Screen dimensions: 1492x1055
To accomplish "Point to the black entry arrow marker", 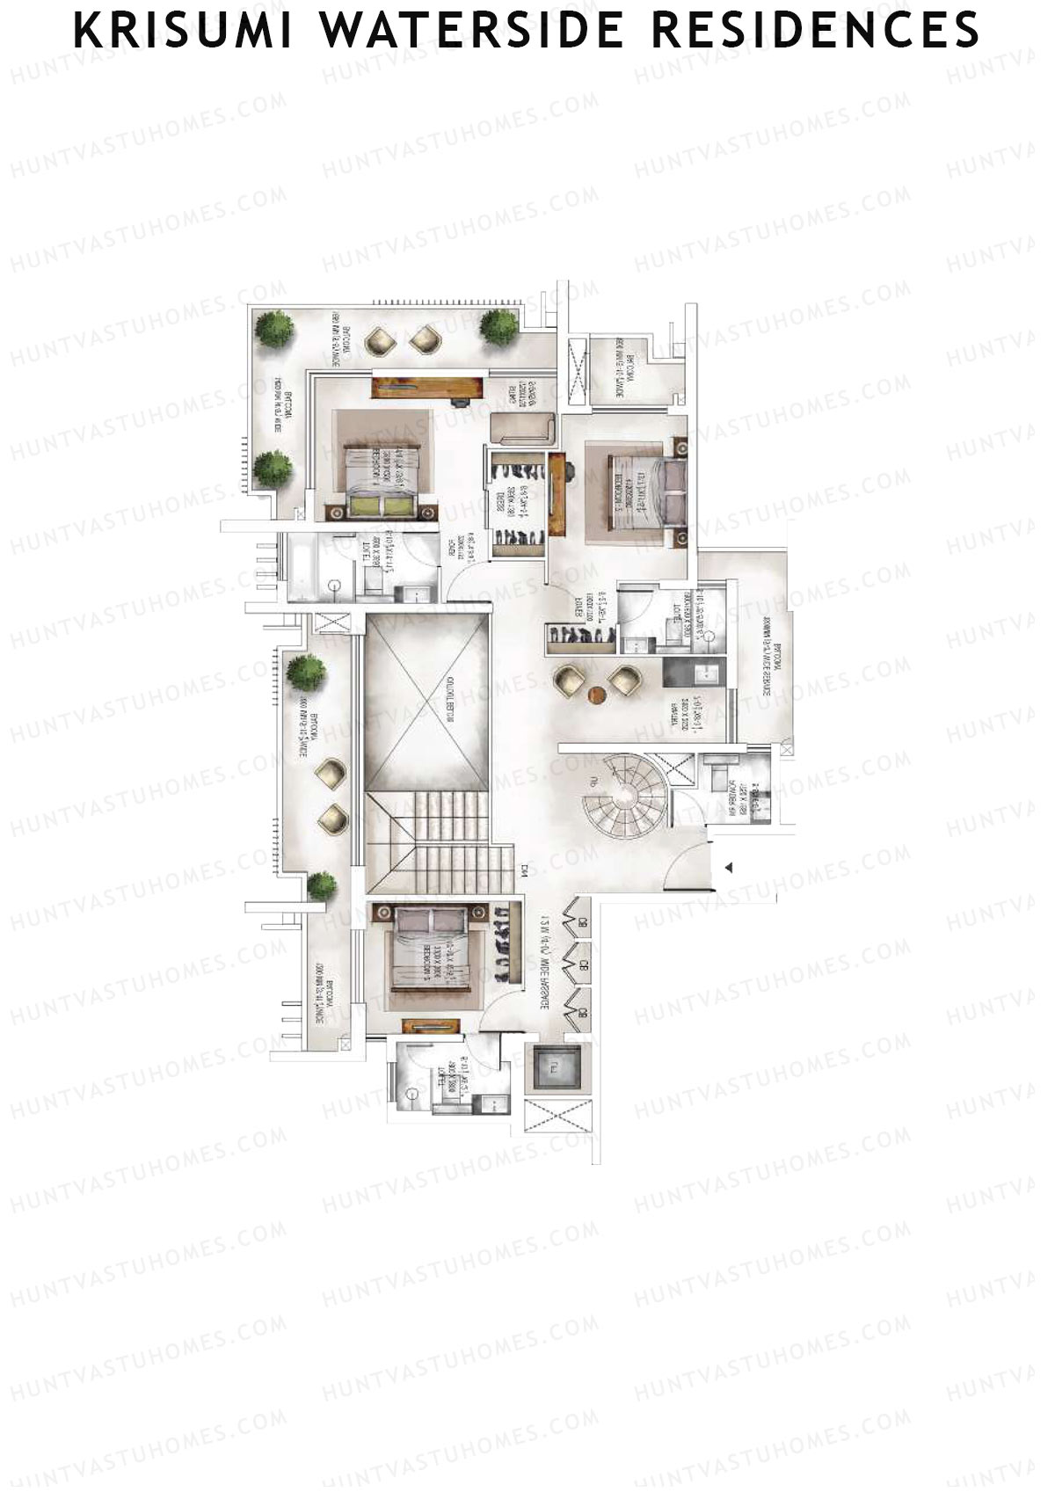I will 728,868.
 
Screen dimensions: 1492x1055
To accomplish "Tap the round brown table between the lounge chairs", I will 597,695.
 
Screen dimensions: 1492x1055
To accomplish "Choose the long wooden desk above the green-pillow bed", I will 428,387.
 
